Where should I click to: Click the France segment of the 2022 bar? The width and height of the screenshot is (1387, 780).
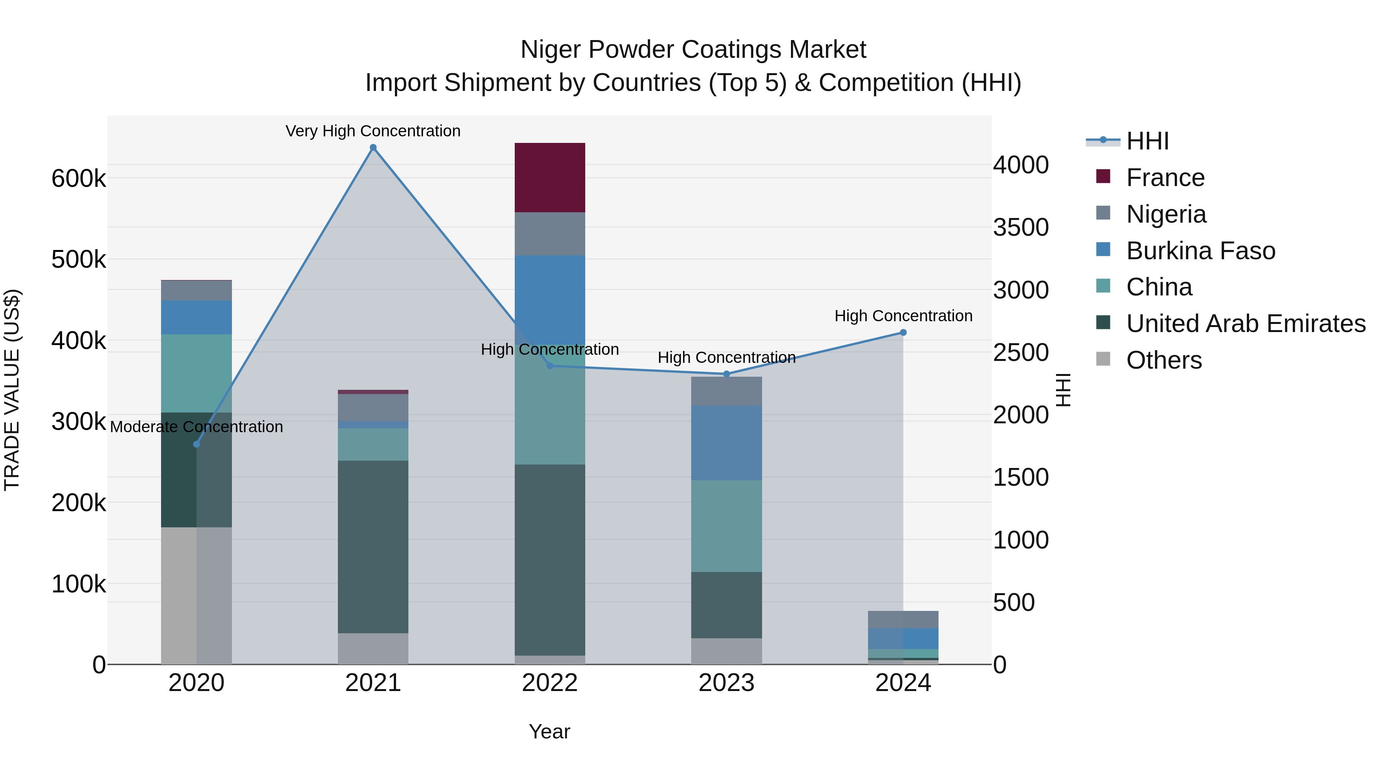pos(550,178)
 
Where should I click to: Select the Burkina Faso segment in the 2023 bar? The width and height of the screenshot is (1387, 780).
pos(726,443)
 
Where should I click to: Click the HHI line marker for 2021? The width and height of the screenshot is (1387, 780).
pos(373,148)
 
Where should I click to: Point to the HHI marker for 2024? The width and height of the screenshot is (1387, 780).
pos(903,333)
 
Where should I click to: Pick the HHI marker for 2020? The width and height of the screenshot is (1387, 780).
pos(196,444)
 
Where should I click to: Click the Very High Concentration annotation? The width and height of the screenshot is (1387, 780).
pos(373,131)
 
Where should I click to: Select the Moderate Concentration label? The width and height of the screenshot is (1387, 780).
pos(196,427)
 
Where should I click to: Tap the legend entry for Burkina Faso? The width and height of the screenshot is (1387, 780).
pos(1200,251)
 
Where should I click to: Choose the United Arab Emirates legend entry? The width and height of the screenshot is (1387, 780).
pos(1245,324)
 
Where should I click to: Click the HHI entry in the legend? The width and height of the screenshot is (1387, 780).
pos(1147,141)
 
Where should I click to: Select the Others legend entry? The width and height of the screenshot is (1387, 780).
pos(1164,360)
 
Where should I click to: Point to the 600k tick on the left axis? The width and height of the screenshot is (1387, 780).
pos(79,178)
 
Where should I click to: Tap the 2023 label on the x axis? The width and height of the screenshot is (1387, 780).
pos(726,683)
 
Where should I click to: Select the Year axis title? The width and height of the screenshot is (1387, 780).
pos(549,731)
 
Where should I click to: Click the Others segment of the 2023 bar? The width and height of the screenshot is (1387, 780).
pos(726,651)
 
